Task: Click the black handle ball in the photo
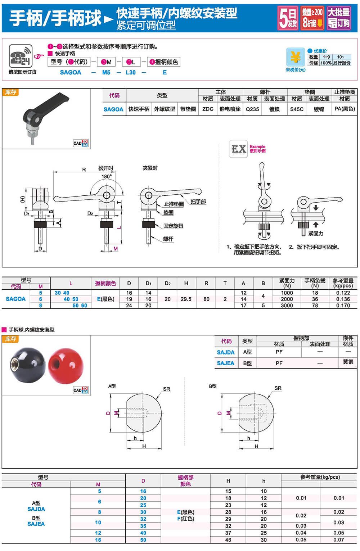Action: tap(28, 365)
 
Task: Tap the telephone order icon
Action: tap(21, 56)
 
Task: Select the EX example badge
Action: tap(238, 149)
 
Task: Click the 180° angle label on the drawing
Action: tap(106, 176)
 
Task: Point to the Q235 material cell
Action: tap(252, 109)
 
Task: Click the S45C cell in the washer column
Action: tap(297, 109)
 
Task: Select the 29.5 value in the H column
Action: tap(186, 299)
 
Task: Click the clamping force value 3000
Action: tap(287, 305)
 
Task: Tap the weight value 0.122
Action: tap(343, 293)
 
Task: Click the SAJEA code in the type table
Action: tap(225, 363)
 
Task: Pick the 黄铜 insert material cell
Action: tap(348, 362)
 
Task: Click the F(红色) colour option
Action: tap(185, 519)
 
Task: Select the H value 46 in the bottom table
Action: tap(228, 540)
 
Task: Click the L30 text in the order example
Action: tap(131, 72)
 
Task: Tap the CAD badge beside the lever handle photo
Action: tap(80, 143)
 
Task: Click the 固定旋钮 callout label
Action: tap(173, 226)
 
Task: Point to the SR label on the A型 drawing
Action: tap(166, 389)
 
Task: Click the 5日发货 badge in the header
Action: tap(288, 18)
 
